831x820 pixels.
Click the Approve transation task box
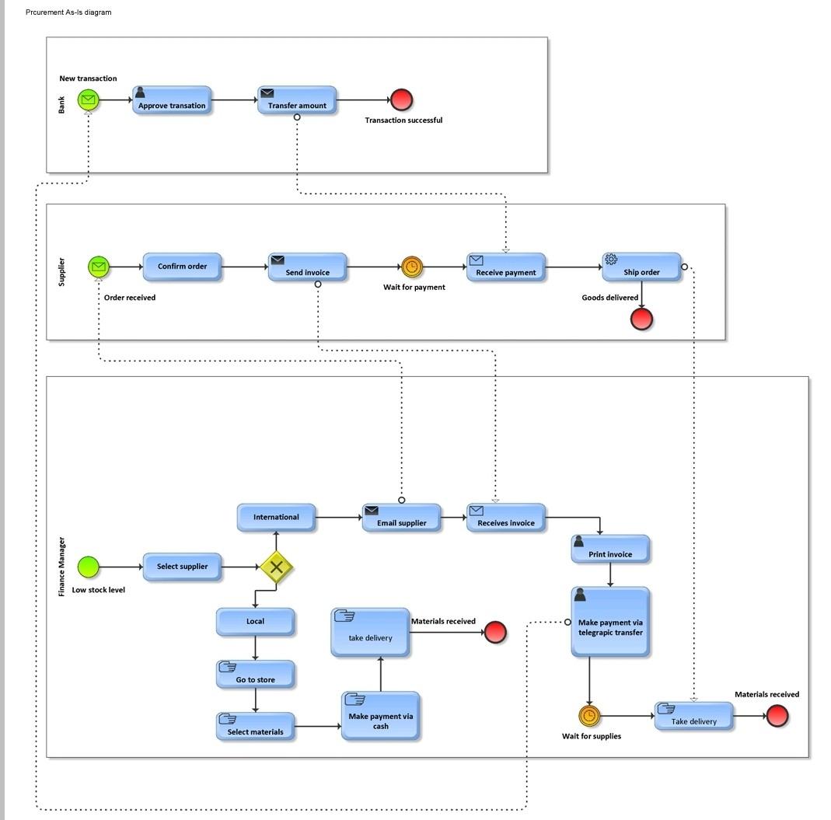172,100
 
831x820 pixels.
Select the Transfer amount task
297,100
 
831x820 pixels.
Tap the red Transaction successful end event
401,99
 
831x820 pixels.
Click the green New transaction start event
89,99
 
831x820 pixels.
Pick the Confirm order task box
182,267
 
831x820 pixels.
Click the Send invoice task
307,267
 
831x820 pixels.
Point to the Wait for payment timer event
412,267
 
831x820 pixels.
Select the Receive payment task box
506,267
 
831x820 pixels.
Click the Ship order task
641,267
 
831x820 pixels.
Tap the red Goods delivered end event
641,319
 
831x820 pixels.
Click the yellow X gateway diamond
276,567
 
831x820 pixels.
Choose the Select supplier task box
182,567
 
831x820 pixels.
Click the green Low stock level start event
89,567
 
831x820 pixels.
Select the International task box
276,518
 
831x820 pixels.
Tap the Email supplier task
401,518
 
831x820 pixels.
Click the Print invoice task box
610,549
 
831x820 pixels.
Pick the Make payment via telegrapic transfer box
610,623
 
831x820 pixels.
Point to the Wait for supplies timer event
589,716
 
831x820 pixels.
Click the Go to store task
255,674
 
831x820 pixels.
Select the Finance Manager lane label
62,567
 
